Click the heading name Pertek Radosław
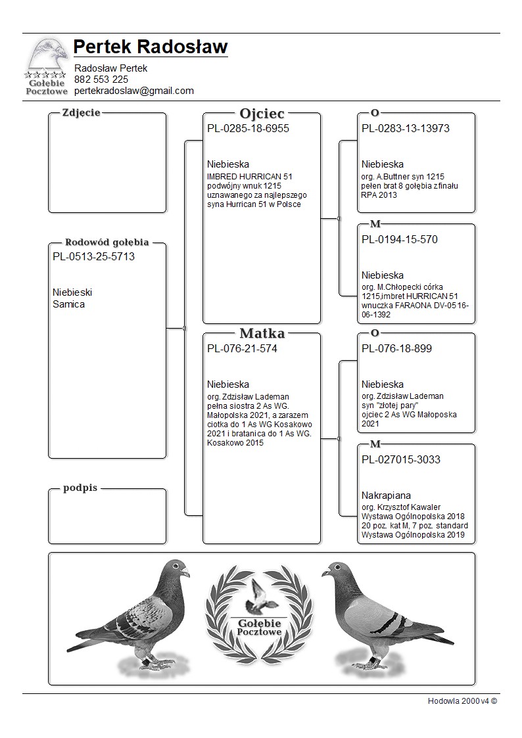(151, 47)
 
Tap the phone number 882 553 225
(101, 80)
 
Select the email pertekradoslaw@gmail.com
(134, 91)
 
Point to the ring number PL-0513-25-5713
(93, 256)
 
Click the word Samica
(68, 304)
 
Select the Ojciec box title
(262, 113)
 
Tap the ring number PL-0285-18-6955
(248, 128)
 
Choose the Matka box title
(262, 333)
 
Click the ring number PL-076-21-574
(242, 348)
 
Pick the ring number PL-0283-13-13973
(406, 128)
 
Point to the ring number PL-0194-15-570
(400, 239)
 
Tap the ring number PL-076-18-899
(396, 348)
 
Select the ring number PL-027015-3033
(401, 459)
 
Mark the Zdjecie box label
(81, 112)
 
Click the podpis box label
(81, 488)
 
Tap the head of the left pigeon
(177, 569)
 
